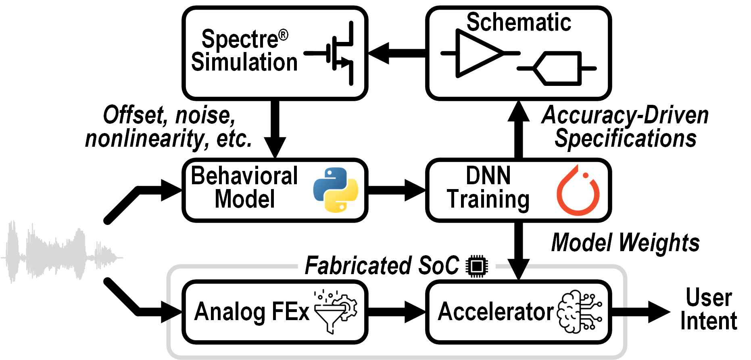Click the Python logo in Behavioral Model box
[336, 189]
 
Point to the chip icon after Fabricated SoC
[477, 266]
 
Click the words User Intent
[709, 309]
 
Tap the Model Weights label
[625, 243]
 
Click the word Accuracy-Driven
[625, 115]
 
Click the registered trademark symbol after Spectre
[284, 35]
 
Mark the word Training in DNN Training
[488, 200]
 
